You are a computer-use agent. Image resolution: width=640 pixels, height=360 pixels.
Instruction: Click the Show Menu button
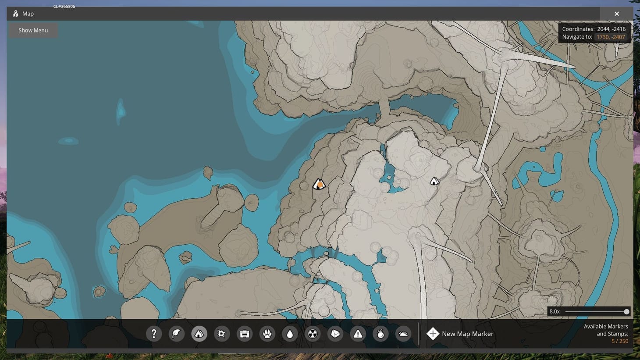coord(33,30)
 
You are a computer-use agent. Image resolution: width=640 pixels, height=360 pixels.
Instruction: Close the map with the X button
coord(616,14)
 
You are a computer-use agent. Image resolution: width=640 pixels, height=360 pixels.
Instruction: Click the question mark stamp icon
coord(154,334)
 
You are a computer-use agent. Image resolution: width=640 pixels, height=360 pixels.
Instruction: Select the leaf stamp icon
coord(176,334)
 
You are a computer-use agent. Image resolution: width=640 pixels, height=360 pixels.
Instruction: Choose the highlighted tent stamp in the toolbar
coord(199,334)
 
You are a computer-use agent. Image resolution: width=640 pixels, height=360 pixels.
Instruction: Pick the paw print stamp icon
coord(267,334)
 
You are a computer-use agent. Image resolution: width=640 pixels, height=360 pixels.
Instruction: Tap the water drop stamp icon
coord(290,334)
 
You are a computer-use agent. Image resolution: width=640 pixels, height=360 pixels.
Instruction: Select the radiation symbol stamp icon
coord(313,334)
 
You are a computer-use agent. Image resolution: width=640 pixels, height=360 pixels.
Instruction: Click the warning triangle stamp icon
coord(358,334)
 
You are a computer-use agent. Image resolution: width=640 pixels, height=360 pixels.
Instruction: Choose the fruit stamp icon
coord(380,334)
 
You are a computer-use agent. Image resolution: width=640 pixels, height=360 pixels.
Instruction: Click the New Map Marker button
coord(460,334)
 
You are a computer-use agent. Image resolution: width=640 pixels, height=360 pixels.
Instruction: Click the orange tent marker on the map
coord(319,184)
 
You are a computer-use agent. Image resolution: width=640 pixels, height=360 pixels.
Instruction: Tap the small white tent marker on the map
coord(434,181)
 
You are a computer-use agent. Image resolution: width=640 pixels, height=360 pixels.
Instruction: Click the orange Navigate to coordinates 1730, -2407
coord(611,37)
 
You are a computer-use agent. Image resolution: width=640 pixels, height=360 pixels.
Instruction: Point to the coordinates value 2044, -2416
coord(611,29)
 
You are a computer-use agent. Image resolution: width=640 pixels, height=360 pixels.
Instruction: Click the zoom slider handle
coord(626,311)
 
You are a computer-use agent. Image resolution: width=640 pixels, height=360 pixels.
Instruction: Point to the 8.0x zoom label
coord(555,311)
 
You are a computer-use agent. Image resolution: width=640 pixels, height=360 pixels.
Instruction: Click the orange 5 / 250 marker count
coord(620,341)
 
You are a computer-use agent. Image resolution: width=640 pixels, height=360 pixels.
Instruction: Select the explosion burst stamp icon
coord(222,334)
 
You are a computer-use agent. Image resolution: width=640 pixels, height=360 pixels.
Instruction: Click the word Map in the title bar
coord(28,14)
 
